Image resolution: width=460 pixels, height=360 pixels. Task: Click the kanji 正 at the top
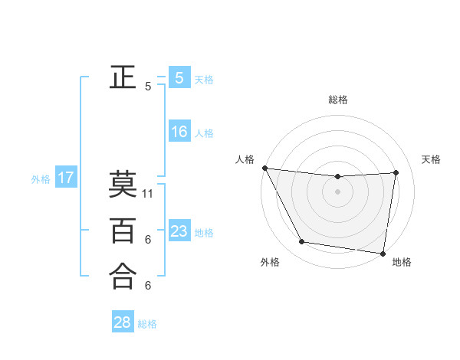(x=123, y=77)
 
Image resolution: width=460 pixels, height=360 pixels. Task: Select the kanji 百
(x=123, y=230)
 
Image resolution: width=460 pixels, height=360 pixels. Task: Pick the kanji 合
(x=123, y=276)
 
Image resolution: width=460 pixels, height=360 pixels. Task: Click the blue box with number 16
(x=179, y=132)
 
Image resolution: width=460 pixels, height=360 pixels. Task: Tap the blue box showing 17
(x=66, y=178)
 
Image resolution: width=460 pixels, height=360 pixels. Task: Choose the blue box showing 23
(x=179, y=231)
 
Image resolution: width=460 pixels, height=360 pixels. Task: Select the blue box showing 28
(x=123, y=322)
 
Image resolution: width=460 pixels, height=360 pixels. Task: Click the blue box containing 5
(x=179, y=77)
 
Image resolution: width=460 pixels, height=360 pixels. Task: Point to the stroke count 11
(x=149, y=194)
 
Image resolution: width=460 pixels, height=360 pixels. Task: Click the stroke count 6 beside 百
(x=148, y=240)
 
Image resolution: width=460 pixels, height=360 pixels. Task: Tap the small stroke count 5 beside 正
(x=148, y=87)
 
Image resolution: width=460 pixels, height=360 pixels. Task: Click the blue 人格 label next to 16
(x=204, y=133)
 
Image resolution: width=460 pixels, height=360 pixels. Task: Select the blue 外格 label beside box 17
(x=41, y=179)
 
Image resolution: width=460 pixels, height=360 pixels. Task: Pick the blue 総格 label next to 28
(x=148, y=324)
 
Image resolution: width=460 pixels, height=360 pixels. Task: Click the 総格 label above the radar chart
(x=338, y=100)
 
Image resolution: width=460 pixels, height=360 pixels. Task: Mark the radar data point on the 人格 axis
(x=264, y=168)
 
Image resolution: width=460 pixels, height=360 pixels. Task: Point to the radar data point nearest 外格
(x=302, y=242)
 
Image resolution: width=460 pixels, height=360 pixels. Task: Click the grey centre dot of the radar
(x=338, y=192)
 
